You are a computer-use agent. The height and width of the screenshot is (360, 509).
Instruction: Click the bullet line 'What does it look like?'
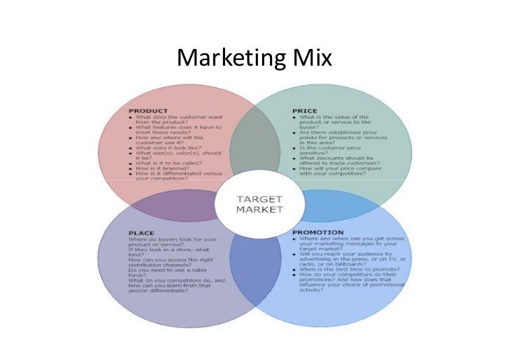pos(172,148)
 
